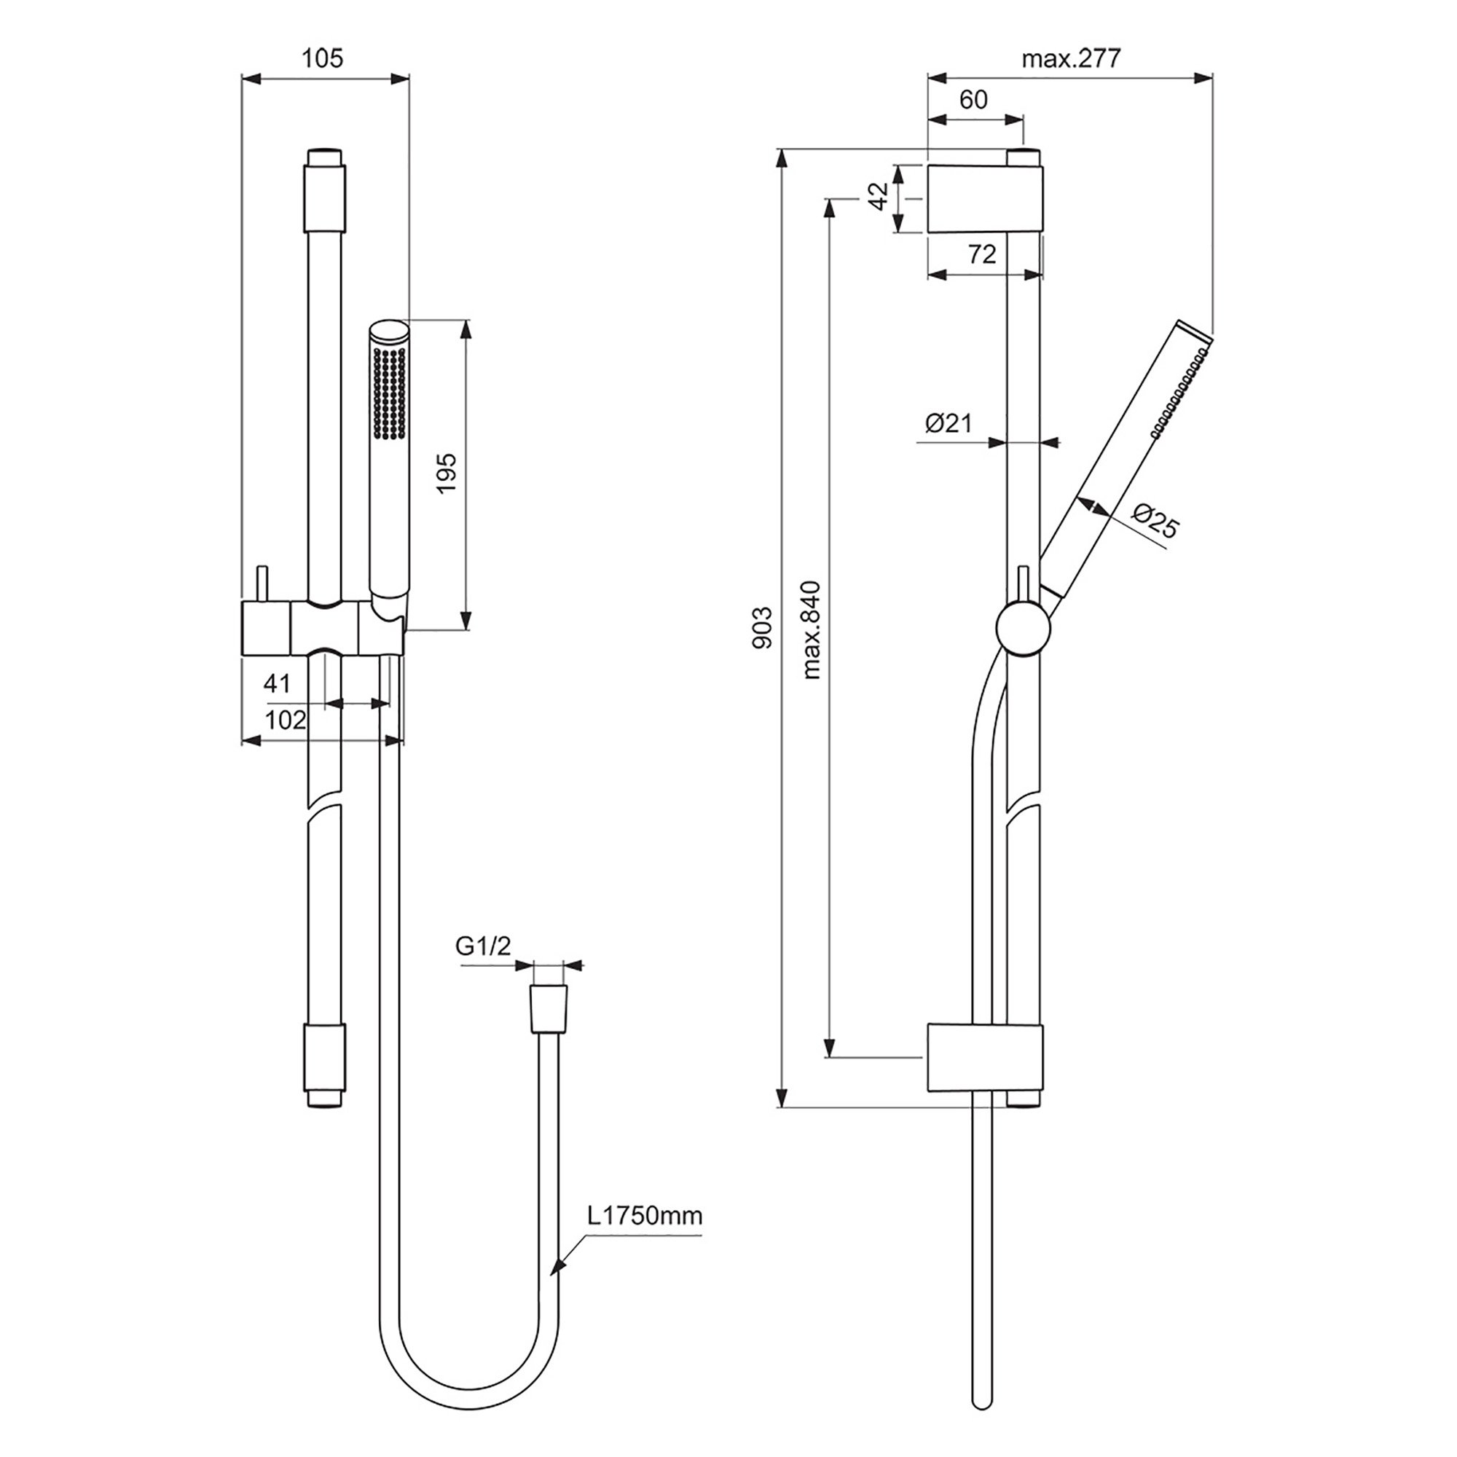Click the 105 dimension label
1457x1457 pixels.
tap(323, 58)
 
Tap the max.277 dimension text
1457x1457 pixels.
tap(1072, 58)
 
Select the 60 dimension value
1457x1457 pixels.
tap(973, 100)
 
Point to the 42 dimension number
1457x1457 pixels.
tap(879, 197)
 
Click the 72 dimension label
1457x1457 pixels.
tap(982, 254)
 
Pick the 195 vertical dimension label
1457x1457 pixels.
tap(447, 474)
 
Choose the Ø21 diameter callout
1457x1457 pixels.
tap(949, 423)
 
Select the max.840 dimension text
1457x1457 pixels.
tap(811, 629)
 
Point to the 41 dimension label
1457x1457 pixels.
tap(277, 683)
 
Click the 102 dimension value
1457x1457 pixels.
tap(286, 720)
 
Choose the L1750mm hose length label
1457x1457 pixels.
tap(645, 1216)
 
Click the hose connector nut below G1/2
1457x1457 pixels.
tap(549, 1008)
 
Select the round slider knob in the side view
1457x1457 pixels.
tap(1024, 627)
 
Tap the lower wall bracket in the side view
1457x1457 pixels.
tap(986, 1058)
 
